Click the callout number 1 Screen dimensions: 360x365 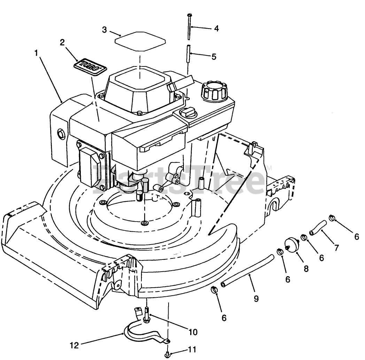click(36, 53)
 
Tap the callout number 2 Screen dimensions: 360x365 click(62, 42)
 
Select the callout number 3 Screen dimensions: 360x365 click(104, 30)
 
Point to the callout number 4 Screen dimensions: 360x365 click(216, 29)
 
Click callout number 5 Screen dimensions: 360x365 click(213, 56)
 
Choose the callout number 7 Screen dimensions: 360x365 click(336, 248)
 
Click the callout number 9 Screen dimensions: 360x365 click(256, 298)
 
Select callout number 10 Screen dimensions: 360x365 click(192, 332)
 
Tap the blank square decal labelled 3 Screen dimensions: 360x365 click(140, 41)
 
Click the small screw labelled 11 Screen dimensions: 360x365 click(168, 354)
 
